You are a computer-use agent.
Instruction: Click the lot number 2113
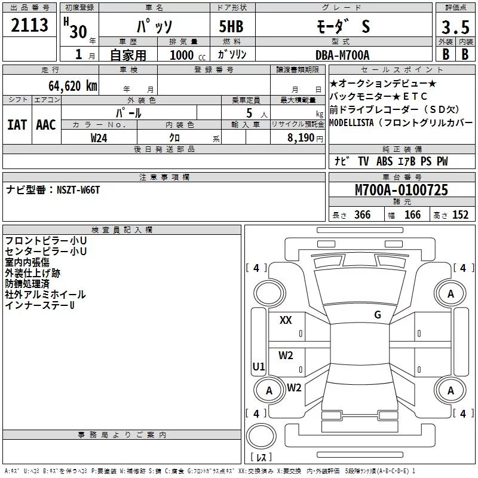tap(29, 26)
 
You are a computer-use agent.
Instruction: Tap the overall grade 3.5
tap(455, 27)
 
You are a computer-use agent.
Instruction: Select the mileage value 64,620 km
tap(68, 85)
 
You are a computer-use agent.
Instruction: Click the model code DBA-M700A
tap(342, 55)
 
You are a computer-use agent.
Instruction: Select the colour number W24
tap(99, 137)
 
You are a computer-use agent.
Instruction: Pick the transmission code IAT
tap(17, 124)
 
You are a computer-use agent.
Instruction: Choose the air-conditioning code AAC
tap(45, 124)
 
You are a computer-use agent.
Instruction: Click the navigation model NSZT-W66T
tap(78, 189)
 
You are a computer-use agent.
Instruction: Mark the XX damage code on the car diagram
tap(286, 320)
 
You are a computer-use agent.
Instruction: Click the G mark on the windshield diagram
tap(378, 314)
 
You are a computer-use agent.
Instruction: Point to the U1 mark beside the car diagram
tap(259, 366)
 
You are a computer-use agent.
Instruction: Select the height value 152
tap(460, 215)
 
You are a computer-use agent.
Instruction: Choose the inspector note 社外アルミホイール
tap(45, 295)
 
